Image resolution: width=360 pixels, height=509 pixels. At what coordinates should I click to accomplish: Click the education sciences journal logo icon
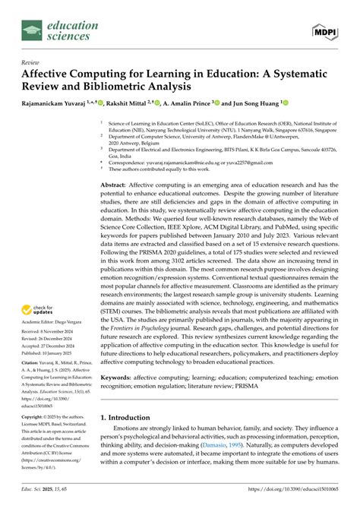[32, 30]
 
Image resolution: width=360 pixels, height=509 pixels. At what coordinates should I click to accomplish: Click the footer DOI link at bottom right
[305, 501]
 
